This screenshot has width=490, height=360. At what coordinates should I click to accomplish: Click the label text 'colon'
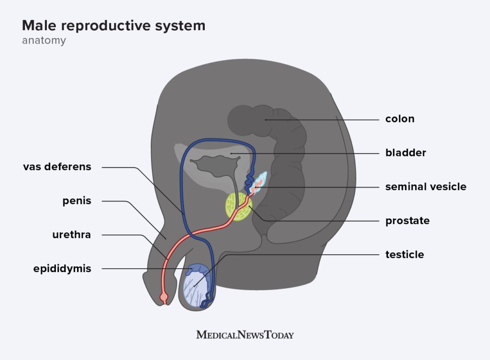tap(400, 119)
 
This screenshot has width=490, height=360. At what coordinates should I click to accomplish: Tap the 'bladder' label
tap(405, 153)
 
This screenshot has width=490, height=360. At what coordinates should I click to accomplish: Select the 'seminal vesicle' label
tap(425, 187)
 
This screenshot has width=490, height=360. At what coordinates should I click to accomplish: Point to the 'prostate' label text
tap(407, 221)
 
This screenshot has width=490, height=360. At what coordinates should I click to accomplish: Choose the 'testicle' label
tap(404, 255)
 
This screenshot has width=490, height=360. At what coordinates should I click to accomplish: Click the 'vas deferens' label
tap(57, 167)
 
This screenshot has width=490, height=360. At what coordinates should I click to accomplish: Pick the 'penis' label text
tap(77, 201)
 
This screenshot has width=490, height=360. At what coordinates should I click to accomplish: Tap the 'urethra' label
tap(71, 235)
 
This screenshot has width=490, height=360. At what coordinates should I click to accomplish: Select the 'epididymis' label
tap(62, 269)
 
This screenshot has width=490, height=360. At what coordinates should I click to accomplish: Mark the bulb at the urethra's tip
tap(164, 299)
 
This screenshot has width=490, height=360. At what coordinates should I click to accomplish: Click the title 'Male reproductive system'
tap(113, 26)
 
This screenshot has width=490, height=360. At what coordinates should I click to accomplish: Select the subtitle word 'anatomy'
tap(44, 41)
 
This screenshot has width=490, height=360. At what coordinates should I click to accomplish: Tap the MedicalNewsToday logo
tap(245, 335)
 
